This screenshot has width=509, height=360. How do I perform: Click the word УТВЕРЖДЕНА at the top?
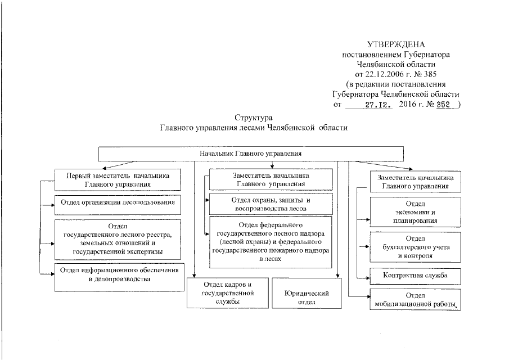(396, 44)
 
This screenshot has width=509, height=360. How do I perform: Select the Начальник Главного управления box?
(251, 153)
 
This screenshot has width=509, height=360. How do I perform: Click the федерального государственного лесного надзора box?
(271, 242)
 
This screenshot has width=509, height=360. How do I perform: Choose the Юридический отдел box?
(306, 292)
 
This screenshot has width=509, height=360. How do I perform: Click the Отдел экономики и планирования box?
(415, 212)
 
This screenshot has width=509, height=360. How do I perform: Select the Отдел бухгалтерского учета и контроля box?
(415, 247)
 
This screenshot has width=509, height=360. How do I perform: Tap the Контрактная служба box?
(415, 276)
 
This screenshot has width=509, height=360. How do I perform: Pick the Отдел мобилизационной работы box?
(415, 300)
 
